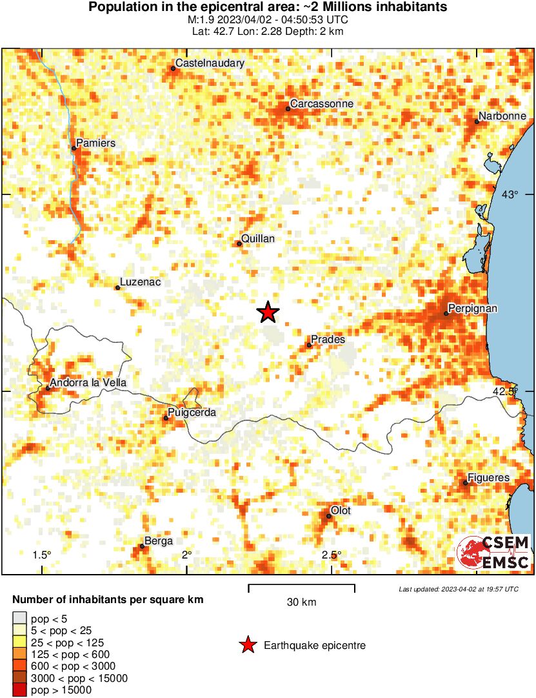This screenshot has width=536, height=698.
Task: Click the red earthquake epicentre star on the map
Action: tap(268, 313)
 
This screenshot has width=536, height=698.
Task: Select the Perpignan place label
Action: tap(473, 309)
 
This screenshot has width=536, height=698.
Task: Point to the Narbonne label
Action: tap(503, 116)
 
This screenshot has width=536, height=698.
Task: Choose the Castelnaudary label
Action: tap(210, 63)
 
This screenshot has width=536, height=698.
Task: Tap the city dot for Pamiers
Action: tap(74, 148)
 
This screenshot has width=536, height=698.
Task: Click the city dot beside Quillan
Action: tap(239, 243)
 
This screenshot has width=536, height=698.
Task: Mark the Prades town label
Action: tap(328, 339)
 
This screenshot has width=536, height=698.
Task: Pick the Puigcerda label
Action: tap(192, 413)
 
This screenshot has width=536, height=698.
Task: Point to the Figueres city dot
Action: tap(466, 482)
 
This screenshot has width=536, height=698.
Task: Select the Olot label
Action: tap(341, 511)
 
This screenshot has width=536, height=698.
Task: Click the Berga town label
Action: tap(159, 541)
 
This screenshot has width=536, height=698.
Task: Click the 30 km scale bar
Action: tap(301, 586)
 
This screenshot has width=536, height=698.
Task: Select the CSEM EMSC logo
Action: tap(493, 552)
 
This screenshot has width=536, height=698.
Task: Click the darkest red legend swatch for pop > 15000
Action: tap(20, 690)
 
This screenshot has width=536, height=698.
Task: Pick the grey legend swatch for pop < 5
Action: tap(20, 618)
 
